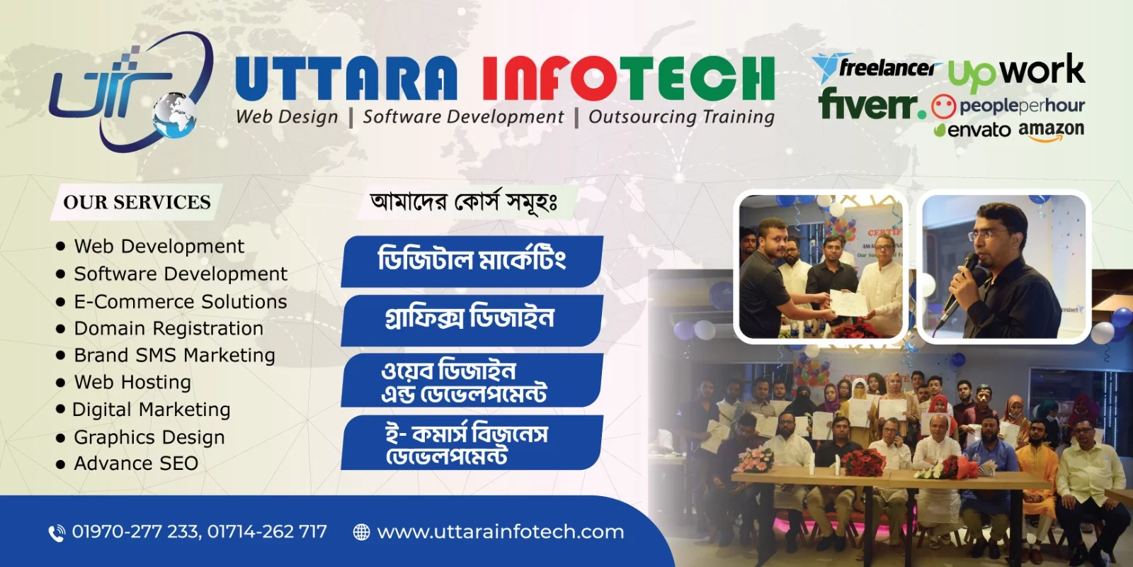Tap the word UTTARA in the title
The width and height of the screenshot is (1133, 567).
click(x=346, y=79)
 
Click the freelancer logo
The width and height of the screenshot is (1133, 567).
click(x=876, y=68)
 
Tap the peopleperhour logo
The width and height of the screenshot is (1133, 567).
click(x=1008, y=106)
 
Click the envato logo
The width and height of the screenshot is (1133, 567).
click(x=972, y=130)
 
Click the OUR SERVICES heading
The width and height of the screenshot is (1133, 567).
click(x=137, y=202)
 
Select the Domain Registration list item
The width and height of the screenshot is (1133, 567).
click(x=169, y=329)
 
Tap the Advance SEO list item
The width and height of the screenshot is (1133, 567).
click(x=136, y=464)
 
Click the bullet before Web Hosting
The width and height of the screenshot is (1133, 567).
click(x=61, y=383)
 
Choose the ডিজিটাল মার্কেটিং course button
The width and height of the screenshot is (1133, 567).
click(x=472, y=262)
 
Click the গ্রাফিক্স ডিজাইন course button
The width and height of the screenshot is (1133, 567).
click(x=472, y=320)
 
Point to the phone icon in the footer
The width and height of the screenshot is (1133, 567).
click(x=57, y=533)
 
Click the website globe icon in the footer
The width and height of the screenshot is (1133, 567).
click(x=361, y=532)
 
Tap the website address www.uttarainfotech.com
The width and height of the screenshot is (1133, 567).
click(x=501, y=532)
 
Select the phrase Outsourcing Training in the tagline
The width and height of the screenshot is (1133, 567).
click(x=681, y=117)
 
